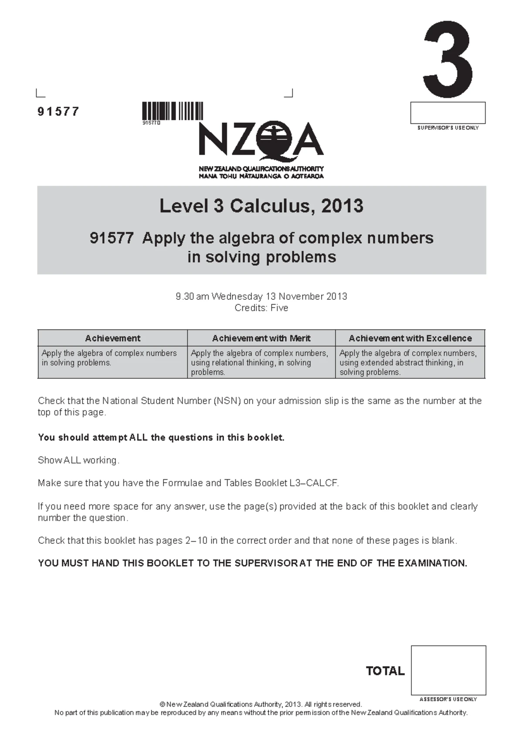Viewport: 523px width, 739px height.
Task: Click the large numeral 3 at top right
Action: click(448, 59)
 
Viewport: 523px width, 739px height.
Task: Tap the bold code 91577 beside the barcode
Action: click(58, 112)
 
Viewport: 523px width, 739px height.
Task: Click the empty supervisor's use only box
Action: click(448, 113)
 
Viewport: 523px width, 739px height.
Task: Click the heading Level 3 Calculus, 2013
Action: click(261, 206)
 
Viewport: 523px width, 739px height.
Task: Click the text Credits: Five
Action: click(261, 308)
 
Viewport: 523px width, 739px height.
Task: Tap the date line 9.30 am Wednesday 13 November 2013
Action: click(261, 297)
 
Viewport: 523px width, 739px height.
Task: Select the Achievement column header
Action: click(112, 338)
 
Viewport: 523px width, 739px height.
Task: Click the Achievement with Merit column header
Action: click(261, 338)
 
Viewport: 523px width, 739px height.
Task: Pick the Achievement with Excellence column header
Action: click(410, 338)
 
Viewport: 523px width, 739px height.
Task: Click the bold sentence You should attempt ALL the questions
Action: click(161, 437)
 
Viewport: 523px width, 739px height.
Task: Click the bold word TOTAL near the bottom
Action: click(385, 671)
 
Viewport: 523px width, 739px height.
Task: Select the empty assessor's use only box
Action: click(448, 670)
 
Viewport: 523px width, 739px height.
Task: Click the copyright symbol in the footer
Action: click(163, 705)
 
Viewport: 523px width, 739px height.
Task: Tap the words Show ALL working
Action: click(78, 461)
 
